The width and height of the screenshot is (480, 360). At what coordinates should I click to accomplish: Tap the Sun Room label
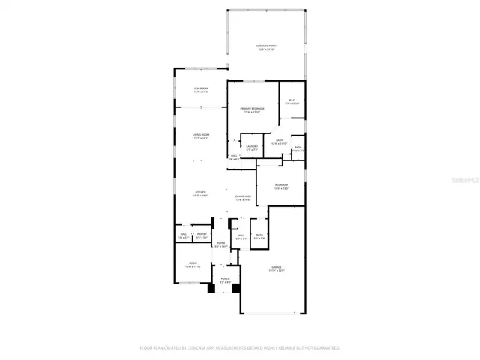point(201,89)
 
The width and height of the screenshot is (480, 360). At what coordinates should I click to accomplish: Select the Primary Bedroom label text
point(252,109)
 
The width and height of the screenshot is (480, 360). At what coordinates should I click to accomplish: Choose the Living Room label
point(201,135)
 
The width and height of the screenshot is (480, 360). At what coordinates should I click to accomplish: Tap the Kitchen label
point(201,192)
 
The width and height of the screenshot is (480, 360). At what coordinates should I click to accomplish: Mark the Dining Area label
point(243,196)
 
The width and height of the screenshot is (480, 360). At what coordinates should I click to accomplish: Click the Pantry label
point(202,234)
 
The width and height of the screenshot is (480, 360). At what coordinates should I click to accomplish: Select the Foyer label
point(221,243)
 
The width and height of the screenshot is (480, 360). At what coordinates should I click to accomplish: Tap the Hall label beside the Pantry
point(184,234)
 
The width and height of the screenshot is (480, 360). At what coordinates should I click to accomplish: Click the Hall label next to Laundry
point(233,156)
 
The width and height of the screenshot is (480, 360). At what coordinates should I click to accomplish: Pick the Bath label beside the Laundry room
point(279,140)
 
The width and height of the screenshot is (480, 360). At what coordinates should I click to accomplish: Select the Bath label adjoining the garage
point(259,235)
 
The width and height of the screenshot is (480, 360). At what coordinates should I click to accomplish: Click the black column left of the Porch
point(214,286)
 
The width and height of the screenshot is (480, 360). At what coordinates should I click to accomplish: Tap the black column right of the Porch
point(235,287)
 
